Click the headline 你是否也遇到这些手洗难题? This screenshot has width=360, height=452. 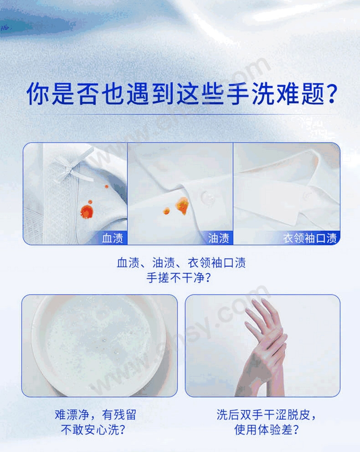coord(182,93)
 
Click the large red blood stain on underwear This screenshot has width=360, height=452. coord(87,211)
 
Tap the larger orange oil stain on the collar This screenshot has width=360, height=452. coord(182,205)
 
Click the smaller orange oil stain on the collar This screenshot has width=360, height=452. coord(166,211)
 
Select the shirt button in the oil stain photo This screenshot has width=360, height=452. coord(208,198)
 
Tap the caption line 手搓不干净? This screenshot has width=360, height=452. coord(179,278)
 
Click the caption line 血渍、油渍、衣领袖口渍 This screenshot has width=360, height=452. coord(181,263)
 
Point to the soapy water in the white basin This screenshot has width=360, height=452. coord(98,343)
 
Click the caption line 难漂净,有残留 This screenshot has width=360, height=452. coord(96,415)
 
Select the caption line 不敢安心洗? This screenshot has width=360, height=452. coord(93,430)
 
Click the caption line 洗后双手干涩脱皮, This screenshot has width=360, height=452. coord(266,415)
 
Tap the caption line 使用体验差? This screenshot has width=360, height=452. coord(266,430)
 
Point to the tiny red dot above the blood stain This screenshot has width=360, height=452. coord(107,187)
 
